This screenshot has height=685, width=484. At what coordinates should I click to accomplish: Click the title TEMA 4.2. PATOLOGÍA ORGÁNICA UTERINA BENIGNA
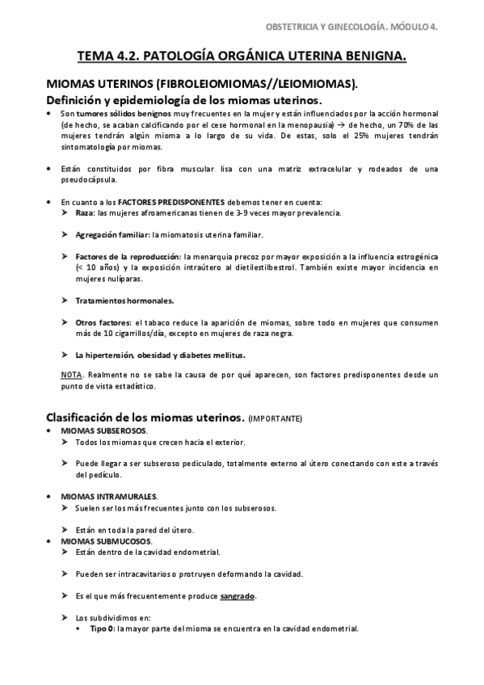pyautogui.click(x=242, y=57)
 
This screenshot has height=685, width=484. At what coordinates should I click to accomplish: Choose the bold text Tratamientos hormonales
pyautogui.click(x=124, y=300)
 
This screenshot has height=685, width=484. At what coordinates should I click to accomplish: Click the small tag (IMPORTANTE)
pyautogui.click(x=276, y=419)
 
